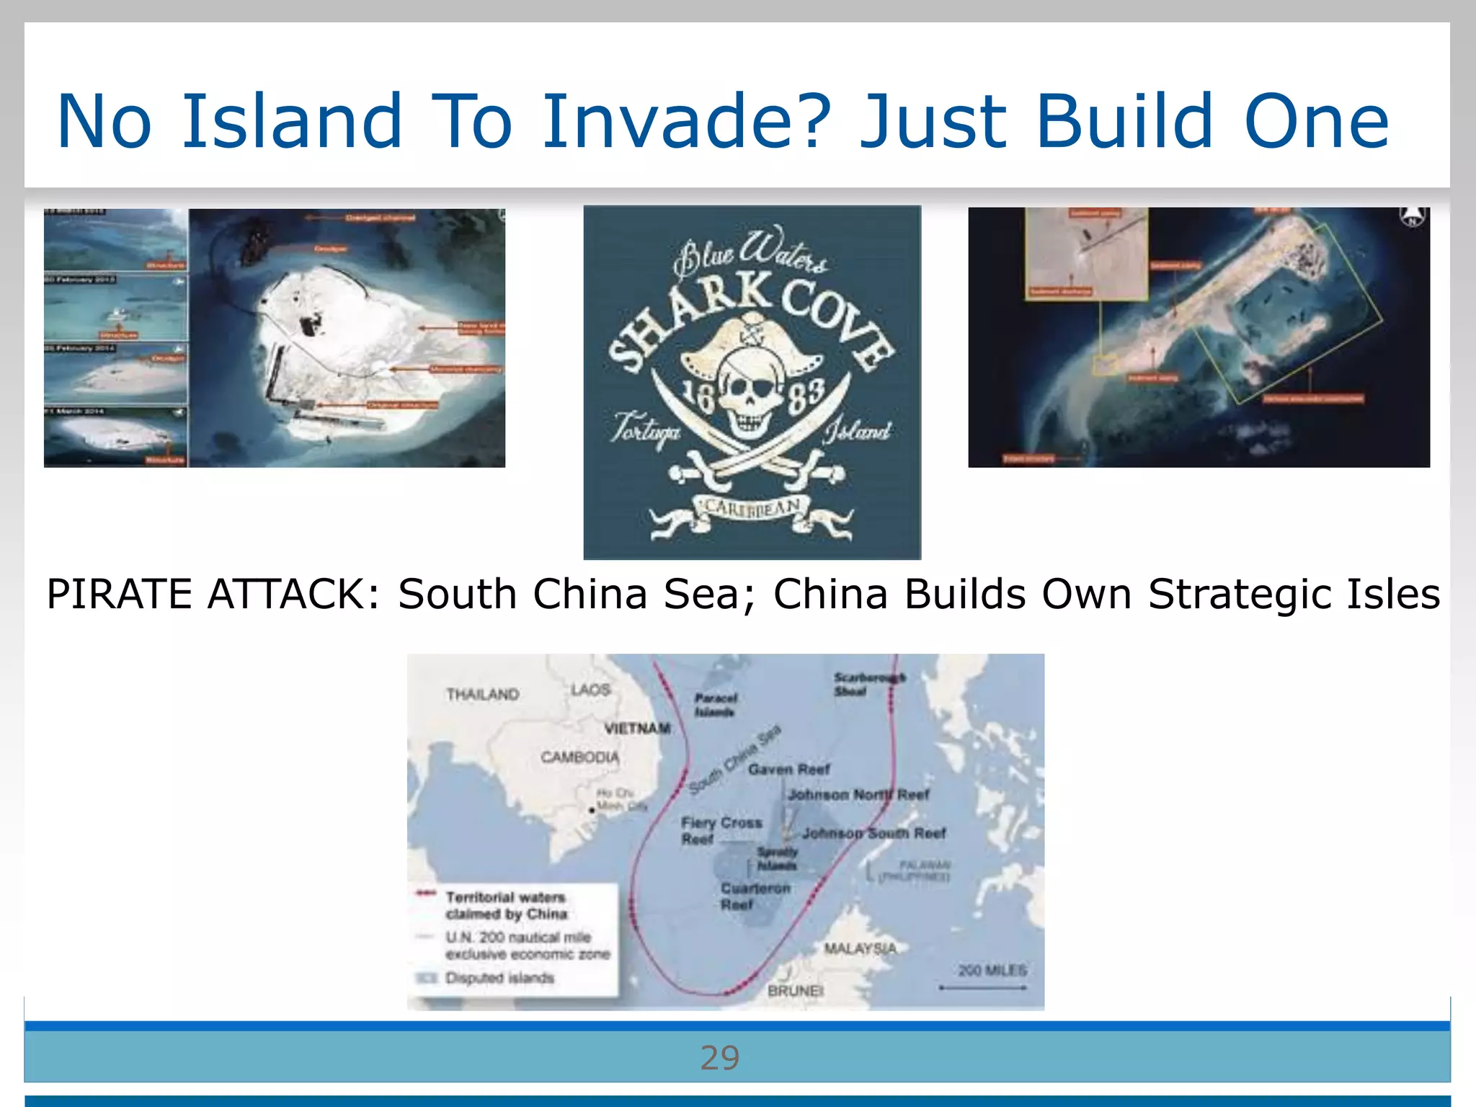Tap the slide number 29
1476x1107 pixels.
[x=719, y=1058]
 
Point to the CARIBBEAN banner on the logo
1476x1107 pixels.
[x=752, y=508]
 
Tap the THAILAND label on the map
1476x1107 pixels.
[x=482, y=694]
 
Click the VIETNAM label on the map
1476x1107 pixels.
[x=637, y=728]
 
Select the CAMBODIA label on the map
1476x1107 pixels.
[x=579, y=757]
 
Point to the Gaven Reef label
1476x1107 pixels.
[x=788, y=770]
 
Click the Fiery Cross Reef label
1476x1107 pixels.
[x=720, y=830]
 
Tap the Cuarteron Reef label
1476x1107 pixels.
[x=754, y=896]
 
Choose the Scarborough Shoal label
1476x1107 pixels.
[x=868, y=684]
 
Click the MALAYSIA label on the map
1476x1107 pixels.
[x=860, y=948]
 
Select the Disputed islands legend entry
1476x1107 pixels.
[x=499, y=978]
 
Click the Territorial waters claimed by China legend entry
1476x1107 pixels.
[x=505, y=905]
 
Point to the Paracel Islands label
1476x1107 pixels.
[x=715, y=705]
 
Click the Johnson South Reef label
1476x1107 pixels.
[x=873, y=833]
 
